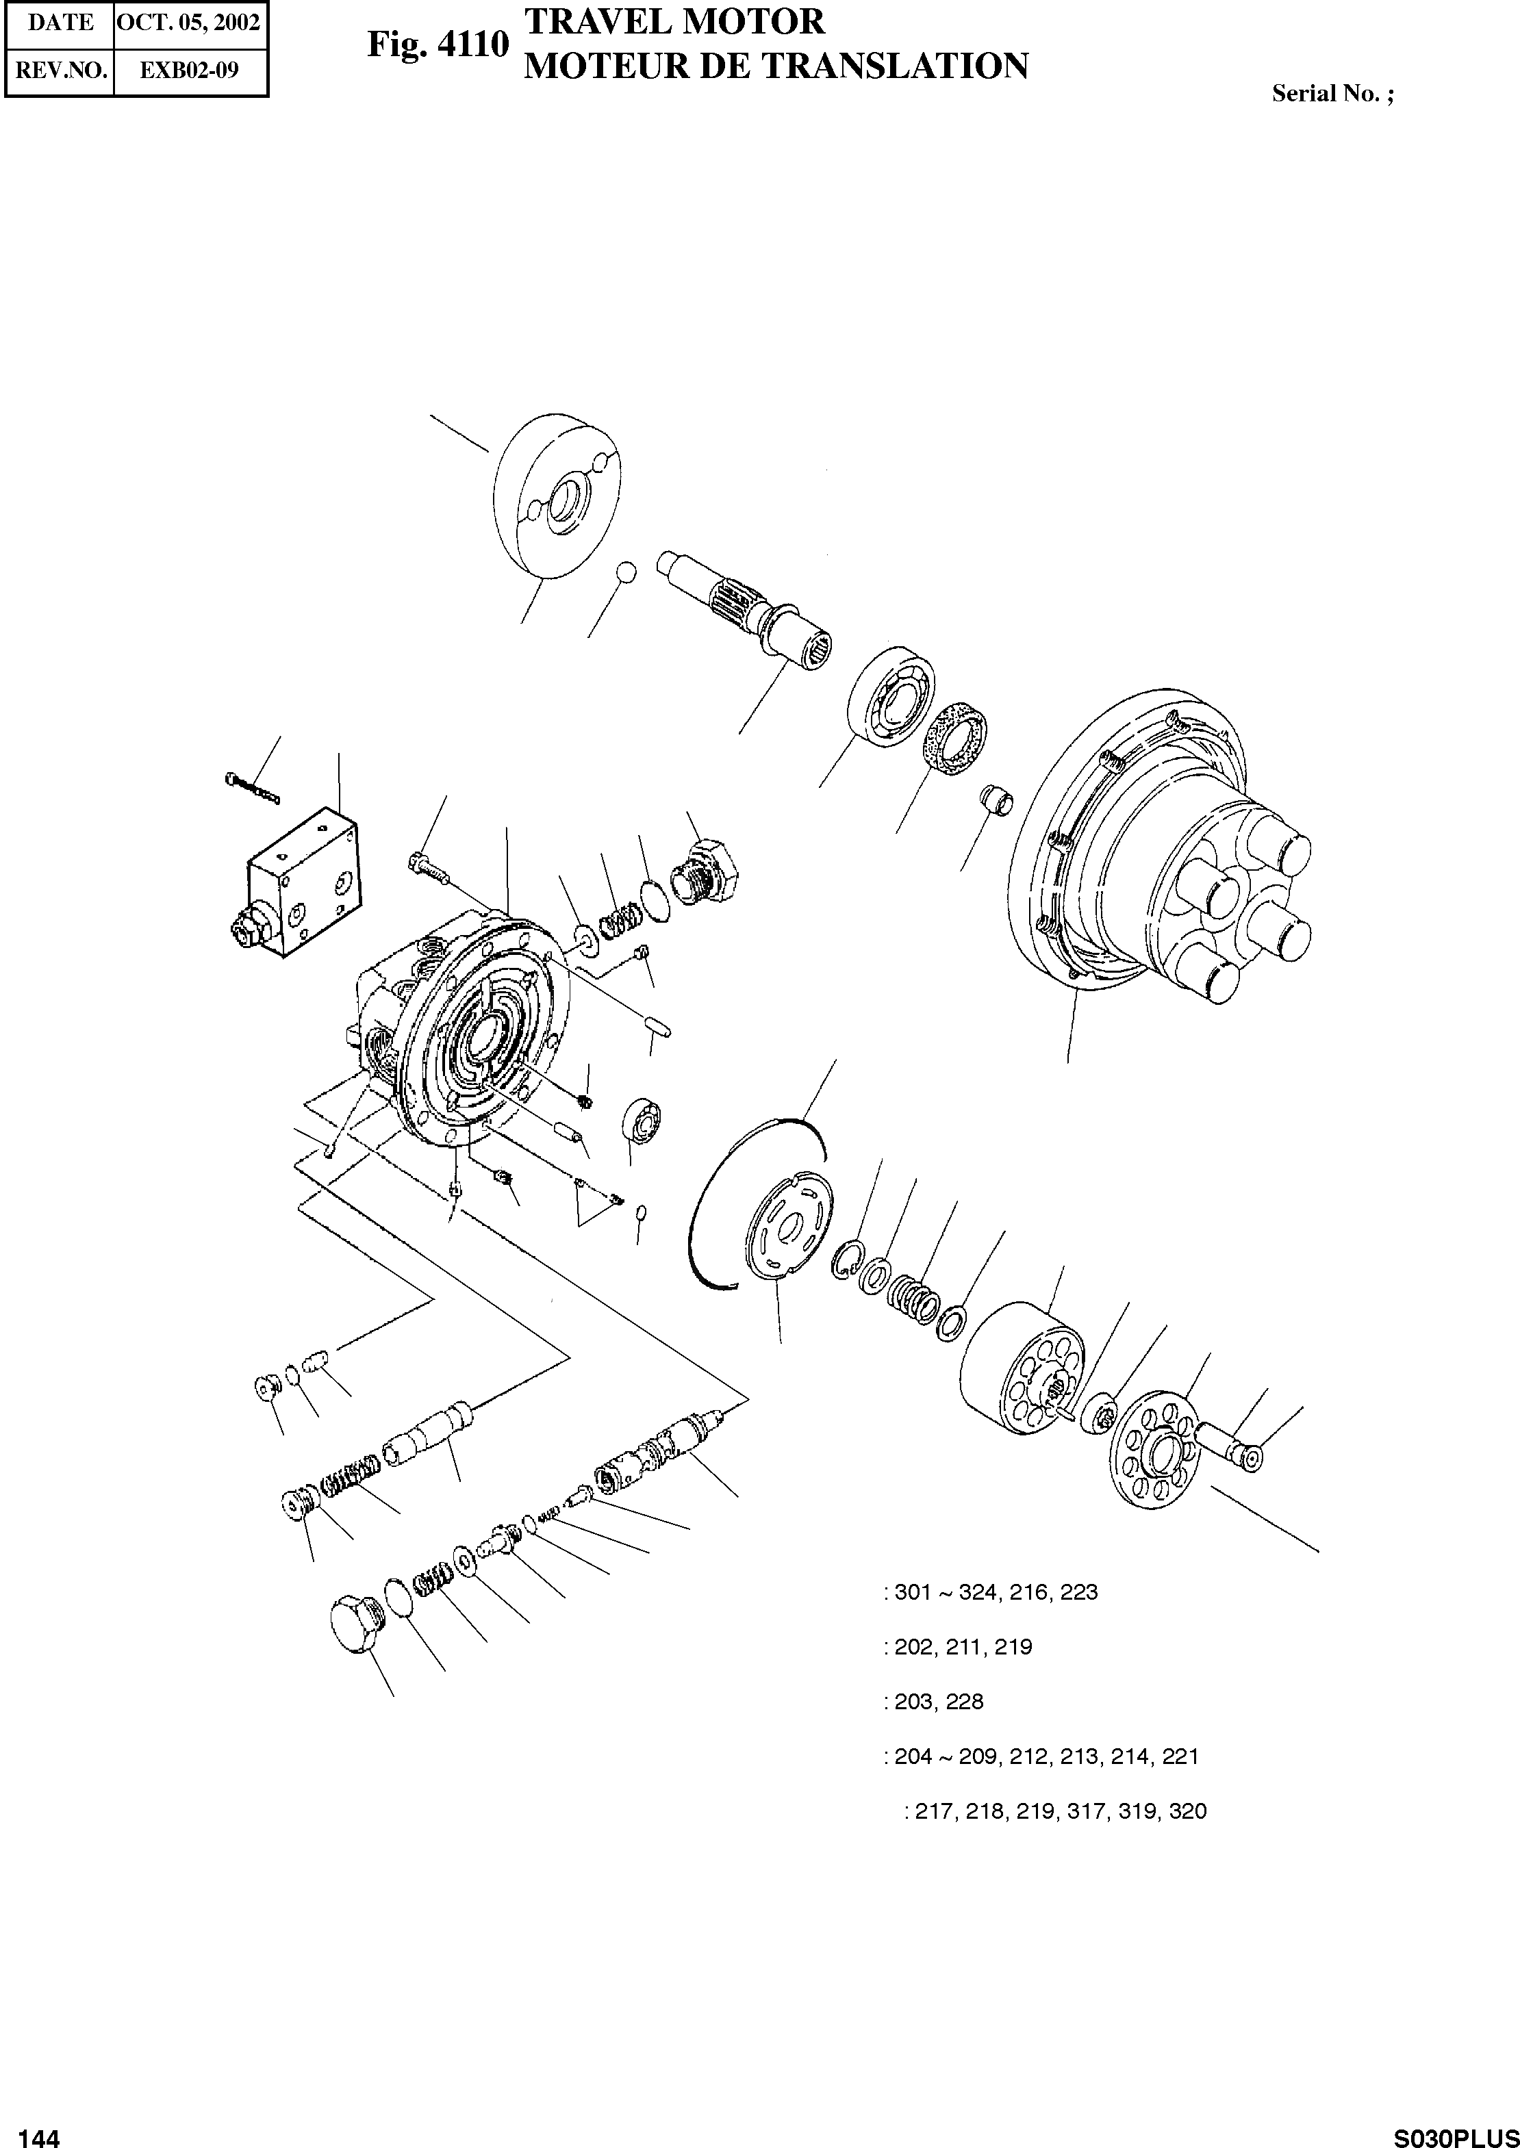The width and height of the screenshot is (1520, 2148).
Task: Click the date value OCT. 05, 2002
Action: [191, 23]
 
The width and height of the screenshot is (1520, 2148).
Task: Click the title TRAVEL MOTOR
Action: [674, 21]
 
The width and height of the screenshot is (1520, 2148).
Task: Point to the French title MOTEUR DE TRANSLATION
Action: [776, 66]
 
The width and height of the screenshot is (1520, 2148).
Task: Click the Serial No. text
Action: [1332, 94]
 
